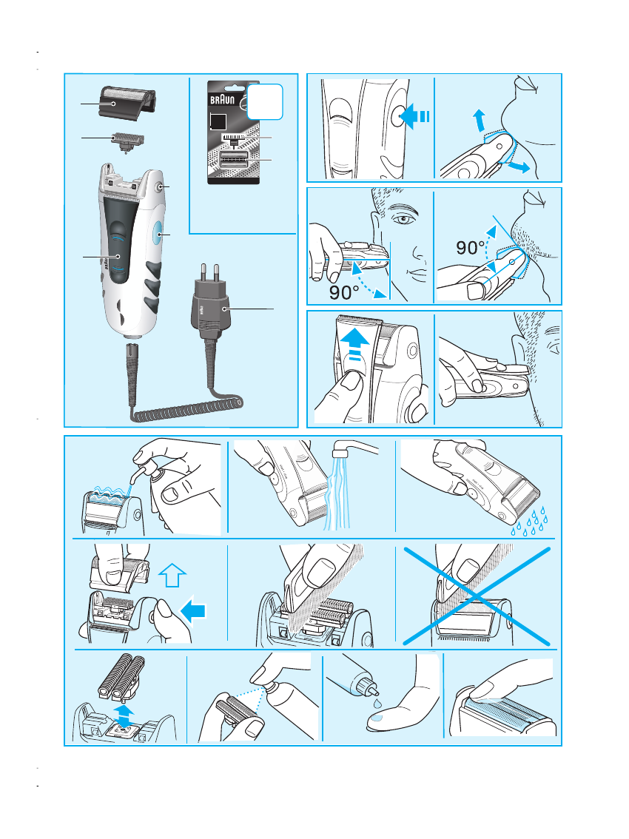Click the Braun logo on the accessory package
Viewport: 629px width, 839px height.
click(x=222, y=100)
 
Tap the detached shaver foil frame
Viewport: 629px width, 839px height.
click(x=127, y=103)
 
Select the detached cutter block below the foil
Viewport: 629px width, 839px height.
click(x=128, y=141)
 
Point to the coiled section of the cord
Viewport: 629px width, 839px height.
click(x=187, y=409)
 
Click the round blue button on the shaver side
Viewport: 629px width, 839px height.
click(x=158, y=235)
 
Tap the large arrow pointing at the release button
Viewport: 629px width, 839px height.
click(x=414, y=116)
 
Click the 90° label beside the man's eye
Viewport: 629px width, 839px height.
click(x=343, y=292)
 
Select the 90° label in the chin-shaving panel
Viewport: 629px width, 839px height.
click(x=470, y=248)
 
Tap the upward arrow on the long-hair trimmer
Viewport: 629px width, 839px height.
click(x=354, y=345)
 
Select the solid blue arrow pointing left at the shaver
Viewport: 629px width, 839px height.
click(x=194, y=610)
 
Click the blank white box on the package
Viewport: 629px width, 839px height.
click(x=264, y=101)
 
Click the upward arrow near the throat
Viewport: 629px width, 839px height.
click(x=479, y=121)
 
